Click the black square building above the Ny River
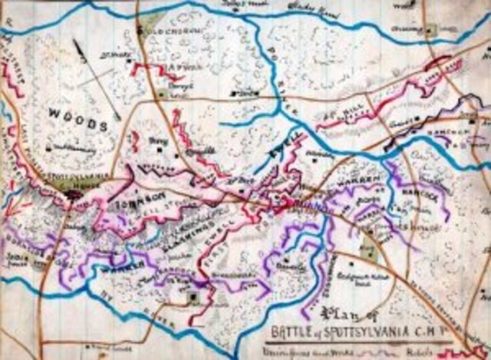coord(194,296)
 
